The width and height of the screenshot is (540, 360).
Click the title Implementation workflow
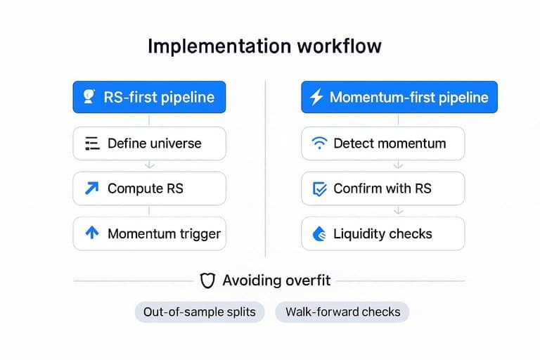click(264, 46)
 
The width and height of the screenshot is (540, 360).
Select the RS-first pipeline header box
click(149, 97)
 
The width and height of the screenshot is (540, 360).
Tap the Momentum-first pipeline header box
click(399, 97)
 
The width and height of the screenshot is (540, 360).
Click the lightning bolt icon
click(316, 97)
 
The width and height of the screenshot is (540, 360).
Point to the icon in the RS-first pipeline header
click(89, 96)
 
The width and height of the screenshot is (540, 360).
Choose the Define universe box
click(149, 143)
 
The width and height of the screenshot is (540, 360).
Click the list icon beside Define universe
click(92, 143)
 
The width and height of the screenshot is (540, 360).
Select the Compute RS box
click(149, 188)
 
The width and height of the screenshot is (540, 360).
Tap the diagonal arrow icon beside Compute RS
click(91, 188)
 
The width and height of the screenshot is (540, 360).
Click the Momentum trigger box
click(149, 233)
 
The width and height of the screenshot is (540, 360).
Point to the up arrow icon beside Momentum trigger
click(92, 233)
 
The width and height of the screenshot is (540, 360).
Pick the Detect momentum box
click(382, 143)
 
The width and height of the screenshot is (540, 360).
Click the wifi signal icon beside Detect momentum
click(319, 143)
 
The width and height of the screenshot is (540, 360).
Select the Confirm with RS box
click(382, 188)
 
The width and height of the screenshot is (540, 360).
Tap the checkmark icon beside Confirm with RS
click(319, 189)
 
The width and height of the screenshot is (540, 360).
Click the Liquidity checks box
click(382, 233)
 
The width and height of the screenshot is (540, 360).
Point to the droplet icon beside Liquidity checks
click(319, 234)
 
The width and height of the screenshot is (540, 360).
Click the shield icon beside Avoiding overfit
click(207, 281)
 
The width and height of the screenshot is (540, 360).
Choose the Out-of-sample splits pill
click(200, 312)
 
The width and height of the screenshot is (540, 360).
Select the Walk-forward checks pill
click(342, 312)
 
